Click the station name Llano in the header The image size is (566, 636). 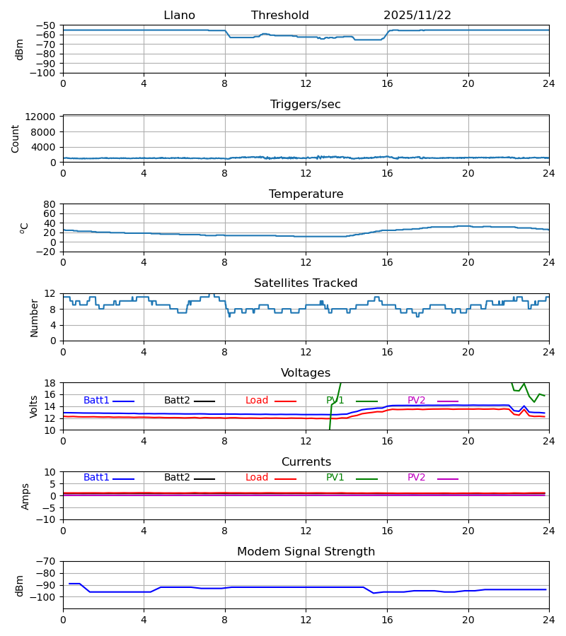[x=179, y=16]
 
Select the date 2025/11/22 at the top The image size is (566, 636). [x=417, y=16]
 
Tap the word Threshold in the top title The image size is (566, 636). [x=279, y=16]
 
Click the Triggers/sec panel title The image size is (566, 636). [x=305, y=105]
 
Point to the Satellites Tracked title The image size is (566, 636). [x=306, y=283]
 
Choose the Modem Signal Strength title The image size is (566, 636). [x=306, y=552]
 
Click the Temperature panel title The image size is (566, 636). [x=306, y=194]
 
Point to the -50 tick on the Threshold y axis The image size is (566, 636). [x=47, y=25]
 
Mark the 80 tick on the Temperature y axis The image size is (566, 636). [x=50, y=204]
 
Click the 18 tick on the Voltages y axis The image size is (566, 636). [x=50, y=383]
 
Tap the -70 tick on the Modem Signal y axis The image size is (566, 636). [x=47, y=562]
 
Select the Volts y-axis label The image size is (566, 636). [x=34, y=406]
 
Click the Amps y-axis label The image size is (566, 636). [x=26, y=496]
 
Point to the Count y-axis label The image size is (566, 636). [x=16, y=139]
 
